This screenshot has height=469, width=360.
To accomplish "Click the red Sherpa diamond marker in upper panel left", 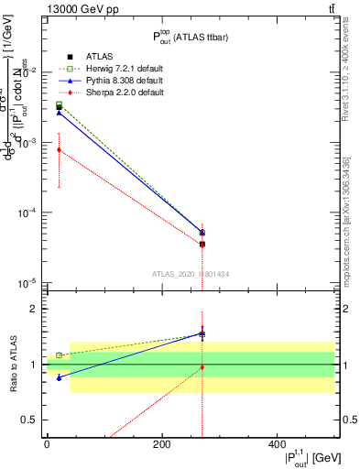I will point(59,149).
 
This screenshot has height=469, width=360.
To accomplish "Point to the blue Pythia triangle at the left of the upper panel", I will point(59,113).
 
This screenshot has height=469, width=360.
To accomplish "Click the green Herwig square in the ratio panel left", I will point(59,354).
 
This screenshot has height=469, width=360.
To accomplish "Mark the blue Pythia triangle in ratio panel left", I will point(59,377).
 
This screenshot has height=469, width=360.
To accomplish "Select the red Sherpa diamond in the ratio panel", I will point(202,367).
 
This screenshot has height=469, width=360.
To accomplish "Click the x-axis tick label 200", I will point(161,444).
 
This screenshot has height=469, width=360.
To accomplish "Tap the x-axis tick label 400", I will point(276,444).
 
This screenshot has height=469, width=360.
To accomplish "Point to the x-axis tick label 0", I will point(47,444).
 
